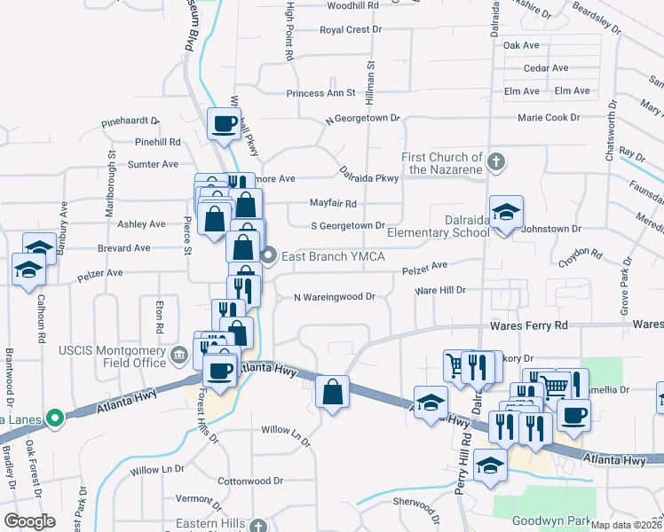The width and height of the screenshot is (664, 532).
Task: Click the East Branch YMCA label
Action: point(333,257)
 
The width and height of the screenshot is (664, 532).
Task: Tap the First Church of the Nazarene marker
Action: point(496,162)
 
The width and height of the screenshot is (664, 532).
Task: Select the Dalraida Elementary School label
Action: point(466,225)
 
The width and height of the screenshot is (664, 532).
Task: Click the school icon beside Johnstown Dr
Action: point(507,214)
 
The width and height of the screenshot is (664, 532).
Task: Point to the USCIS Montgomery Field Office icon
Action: point(179,356)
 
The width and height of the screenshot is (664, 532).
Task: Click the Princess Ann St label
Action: point(320,93)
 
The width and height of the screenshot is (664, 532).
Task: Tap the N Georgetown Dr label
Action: point(363,118)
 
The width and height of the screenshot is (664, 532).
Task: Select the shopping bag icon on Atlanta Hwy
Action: point(332,393)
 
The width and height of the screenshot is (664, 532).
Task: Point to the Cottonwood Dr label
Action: point(249,481)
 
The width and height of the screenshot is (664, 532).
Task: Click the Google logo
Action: point(30,521)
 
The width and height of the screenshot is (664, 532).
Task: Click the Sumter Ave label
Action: point(153,164)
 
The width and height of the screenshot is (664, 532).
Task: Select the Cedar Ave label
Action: point(546,68)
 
